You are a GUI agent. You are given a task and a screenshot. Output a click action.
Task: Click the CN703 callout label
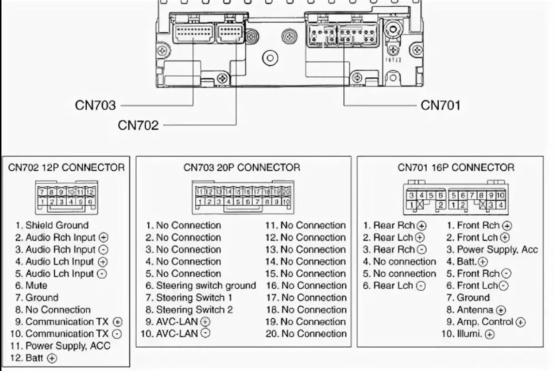95,105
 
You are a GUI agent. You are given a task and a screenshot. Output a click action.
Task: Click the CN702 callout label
138,125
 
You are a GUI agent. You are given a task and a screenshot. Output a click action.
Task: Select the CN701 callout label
440,105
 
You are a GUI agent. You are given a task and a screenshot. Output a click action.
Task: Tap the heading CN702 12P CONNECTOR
66,168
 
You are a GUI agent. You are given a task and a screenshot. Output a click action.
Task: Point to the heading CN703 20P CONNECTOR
242,168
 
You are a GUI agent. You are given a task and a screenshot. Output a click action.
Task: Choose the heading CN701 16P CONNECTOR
456,168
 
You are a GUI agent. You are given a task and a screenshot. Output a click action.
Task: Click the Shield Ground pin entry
52,225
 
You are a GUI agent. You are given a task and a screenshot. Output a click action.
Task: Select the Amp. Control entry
485,322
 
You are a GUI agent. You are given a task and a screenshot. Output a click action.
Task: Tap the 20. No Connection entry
306,334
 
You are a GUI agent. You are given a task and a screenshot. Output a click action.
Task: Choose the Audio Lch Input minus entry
61,274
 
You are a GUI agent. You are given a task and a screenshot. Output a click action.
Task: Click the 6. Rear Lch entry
394,286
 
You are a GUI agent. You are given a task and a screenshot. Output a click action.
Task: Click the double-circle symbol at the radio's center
270,58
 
